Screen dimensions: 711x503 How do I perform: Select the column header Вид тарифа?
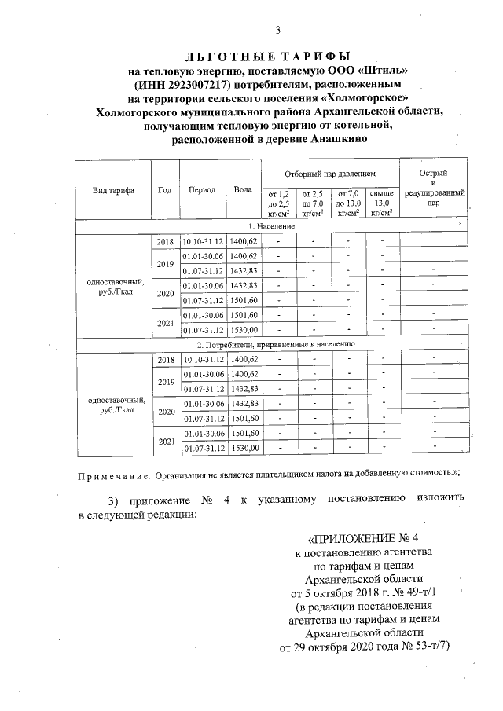pos(112,190)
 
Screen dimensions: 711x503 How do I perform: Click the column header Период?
pos(202,190)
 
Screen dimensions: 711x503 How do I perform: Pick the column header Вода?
pos(243,190)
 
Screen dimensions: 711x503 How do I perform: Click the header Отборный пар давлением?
pos(330,172)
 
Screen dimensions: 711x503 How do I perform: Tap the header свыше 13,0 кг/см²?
pos(382,202)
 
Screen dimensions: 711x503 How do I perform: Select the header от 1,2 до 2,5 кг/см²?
pos(279,202)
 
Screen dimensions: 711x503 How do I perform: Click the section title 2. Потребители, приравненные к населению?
pos(276,344)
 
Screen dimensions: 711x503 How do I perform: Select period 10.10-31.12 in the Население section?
pos(204,241)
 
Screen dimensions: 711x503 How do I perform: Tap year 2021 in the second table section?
pos(166,442)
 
